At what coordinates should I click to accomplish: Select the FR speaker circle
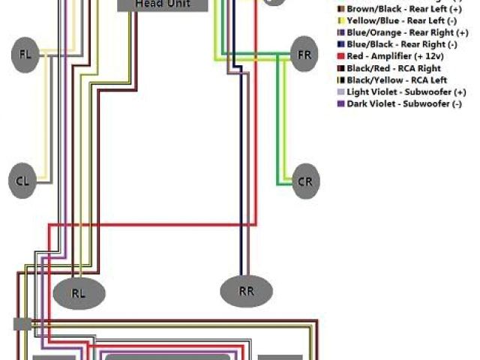[x=304, y=55]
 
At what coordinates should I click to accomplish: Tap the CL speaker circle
[x=23, y=180]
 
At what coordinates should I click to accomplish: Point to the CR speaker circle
[x=304, y=181]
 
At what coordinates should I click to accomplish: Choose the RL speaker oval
[x=78, y=291]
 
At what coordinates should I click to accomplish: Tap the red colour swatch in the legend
[x=341, y=56]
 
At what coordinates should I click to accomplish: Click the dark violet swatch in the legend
[x=341, y=103]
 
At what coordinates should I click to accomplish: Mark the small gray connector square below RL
[x=21, y=324]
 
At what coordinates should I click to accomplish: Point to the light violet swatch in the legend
[x=341, y=91]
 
